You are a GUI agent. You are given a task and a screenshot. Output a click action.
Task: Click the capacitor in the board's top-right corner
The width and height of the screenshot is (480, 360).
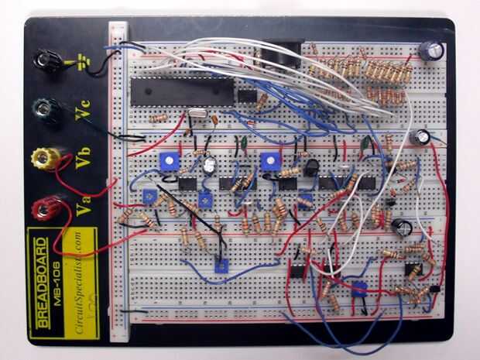point(431,50)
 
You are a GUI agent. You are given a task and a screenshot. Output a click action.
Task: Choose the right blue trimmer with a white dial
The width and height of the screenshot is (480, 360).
point(269,162)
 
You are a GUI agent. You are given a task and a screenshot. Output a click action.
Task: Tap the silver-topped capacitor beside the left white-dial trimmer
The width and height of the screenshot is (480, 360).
point(209,164)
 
